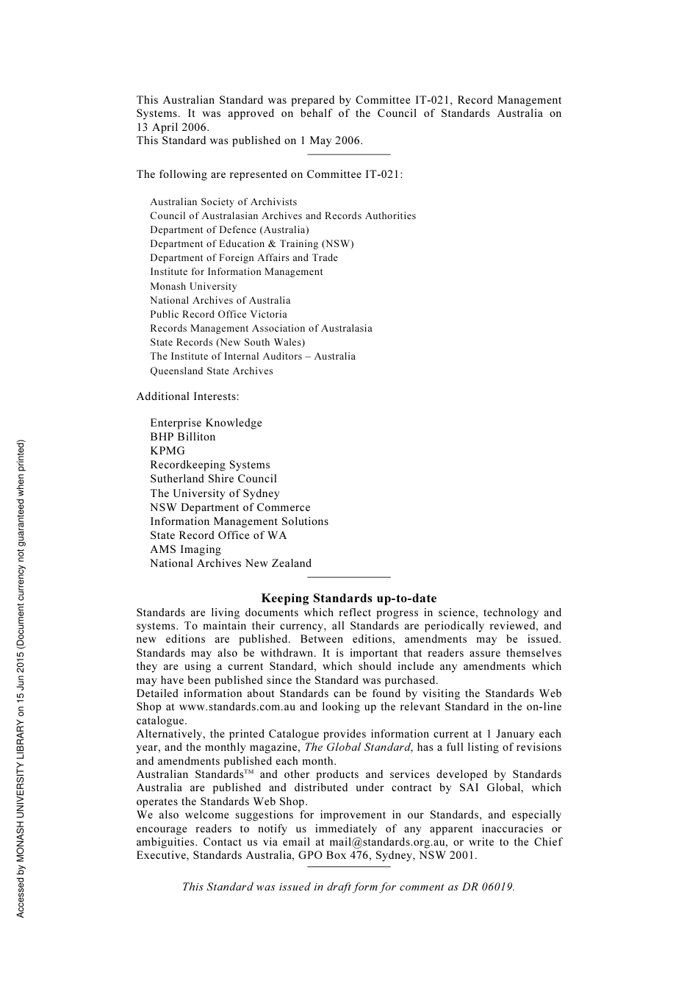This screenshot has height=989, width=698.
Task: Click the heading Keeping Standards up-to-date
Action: [x=348, y=599]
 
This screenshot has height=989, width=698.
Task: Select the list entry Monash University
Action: [x=193, y=286]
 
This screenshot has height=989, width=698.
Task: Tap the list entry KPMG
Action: [x=168, y=451]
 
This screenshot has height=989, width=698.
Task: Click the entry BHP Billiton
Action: [x=183, y=437]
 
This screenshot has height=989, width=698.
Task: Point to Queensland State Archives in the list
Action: [x=212, y=371]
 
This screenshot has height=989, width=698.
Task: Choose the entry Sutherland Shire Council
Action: [x=213, y=479]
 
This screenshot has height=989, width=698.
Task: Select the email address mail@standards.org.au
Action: [x=387, y=842]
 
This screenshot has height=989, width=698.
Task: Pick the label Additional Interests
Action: [x=187, y=396]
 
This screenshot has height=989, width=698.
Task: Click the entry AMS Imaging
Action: [x=185, y=549]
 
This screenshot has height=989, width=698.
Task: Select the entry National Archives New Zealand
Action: [x=231, y=563]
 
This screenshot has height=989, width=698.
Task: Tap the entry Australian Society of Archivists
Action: [x=223, y=201]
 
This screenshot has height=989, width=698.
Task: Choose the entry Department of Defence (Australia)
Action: [x=229, y=229]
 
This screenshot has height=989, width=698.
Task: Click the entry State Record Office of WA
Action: [x=218, y=535]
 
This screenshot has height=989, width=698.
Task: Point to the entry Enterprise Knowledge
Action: [x=206, y=423]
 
